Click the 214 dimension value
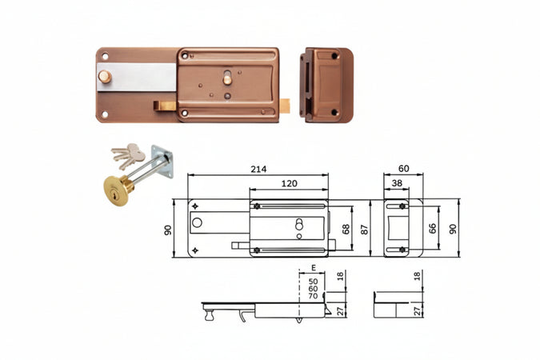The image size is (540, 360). click(x=258, y=169)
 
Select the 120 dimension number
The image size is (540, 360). click(x=289, y=184)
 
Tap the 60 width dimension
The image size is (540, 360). click(x=403, y=169)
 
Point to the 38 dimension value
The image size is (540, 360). click(x=397, y=183)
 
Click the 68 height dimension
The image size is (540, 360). click(x=346, y=229)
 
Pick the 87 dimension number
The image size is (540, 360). click(x=364, y=229)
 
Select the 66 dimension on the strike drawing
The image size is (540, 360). click(x=433, y=229)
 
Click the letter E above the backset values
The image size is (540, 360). click(x=314, y=268)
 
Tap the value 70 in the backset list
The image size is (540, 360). click(x=313, y=296)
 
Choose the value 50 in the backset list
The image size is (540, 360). click(x=313, y=282)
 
